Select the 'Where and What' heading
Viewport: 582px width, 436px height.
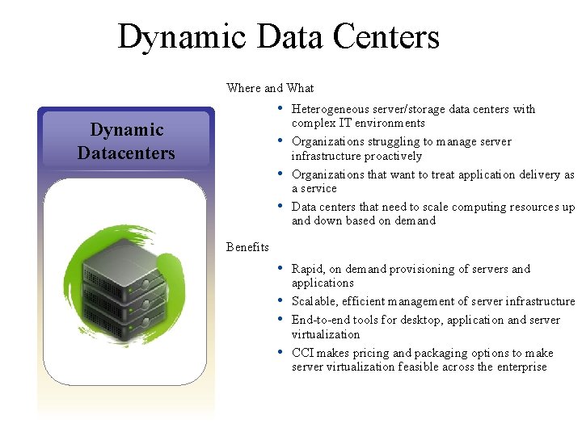tap(270, 88)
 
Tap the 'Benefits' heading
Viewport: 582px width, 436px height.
tap(247, 247)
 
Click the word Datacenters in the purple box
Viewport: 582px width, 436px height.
tap(126, 152)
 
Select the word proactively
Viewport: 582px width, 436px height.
tap(393, 156)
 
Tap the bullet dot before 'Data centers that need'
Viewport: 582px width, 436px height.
tap(279, 205)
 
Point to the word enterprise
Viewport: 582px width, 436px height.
tap(520, 367)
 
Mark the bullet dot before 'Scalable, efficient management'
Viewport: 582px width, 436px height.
tap(279, 300)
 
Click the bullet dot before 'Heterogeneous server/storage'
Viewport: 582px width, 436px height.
tap(279, 107)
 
